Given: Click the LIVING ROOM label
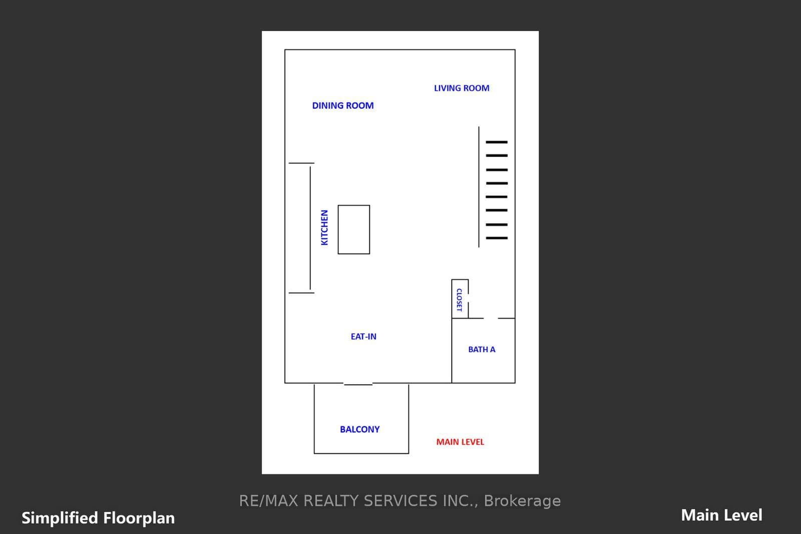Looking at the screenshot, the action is click(462, 88).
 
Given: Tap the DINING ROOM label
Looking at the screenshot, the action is click(343, 106).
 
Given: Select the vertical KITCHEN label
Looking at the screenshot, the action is click(324, 227).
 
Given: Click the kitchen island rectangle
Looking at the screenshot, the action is click(338, 229).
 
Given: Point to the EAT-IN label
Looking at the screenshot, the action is click(363, 337).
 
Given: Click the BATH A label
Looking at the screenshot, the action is click(482, 349).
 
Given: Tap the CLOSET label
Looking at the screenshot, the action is click(460, 300).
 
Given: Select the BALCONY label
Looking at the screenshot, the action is click(360, 429).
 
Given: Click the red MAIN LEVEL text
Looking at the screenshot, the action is click(460, 442).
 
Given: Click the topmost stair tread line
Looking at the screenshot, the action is click(497, 142).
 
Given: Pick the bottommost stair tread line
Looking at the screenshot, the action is click(497, 238).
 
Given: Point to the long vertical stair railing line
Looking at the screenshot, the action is click(479, 187).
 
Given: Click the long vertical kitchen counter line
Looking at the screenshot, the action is click(310, 228).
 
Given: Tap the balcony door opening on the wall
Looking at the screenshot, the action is click(358, 384).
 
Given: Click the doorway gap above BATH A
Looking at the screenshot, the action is click(491, 318).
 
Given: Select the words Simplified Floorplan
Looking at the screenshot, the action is click(98, 518).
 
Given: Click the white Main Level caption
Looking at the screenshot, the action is click(721, 515).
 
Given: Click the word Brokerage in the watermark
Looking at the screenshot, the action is click(523, 501).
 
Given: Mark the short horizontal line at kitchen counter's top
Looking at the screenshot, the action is click(301, 163).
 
